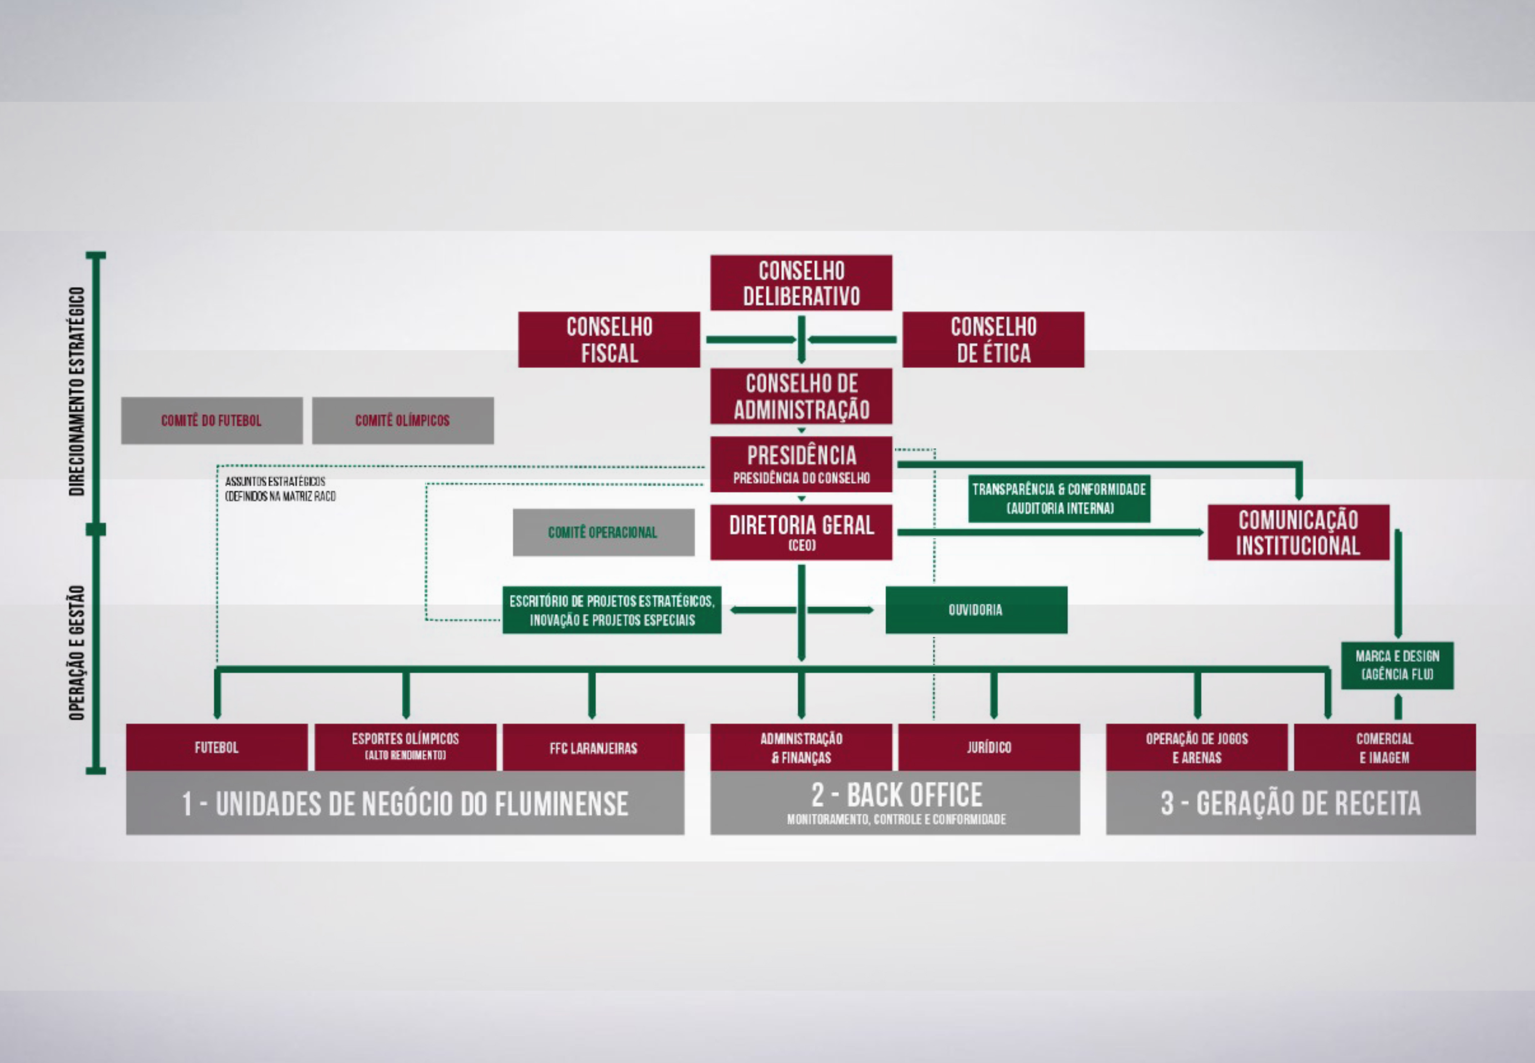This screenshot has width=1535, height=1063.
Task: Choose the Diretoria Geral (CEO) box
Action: tap(801, 531)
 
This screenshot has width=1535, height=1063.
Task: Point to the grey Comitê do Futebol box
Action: tap(211, 420)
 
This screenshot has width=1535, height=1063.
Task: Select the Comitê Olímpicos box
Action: tap(402, 420)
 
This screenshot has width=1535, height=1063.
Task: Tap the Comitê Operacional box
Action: tap(603, 532)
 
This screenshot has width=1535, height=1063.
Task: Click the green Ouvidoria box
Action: tap(975, 610)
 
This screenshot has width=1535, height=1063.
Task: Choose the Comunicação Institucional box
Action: tap(1298, 532)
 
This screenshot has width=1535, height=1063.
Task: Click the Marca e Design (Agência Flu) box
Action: tap(1396, 665)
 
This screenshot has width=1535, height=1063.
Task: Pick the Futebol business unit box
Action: tap(216, 747)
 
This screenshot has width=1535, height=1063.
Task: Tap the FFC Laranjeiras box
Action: tap(593, 747)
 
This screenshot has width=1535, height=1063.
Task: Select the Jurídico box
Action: tap(989, 747)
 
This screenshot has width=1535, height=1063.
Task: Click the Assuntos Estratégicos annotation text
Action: tap(280, 488)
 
